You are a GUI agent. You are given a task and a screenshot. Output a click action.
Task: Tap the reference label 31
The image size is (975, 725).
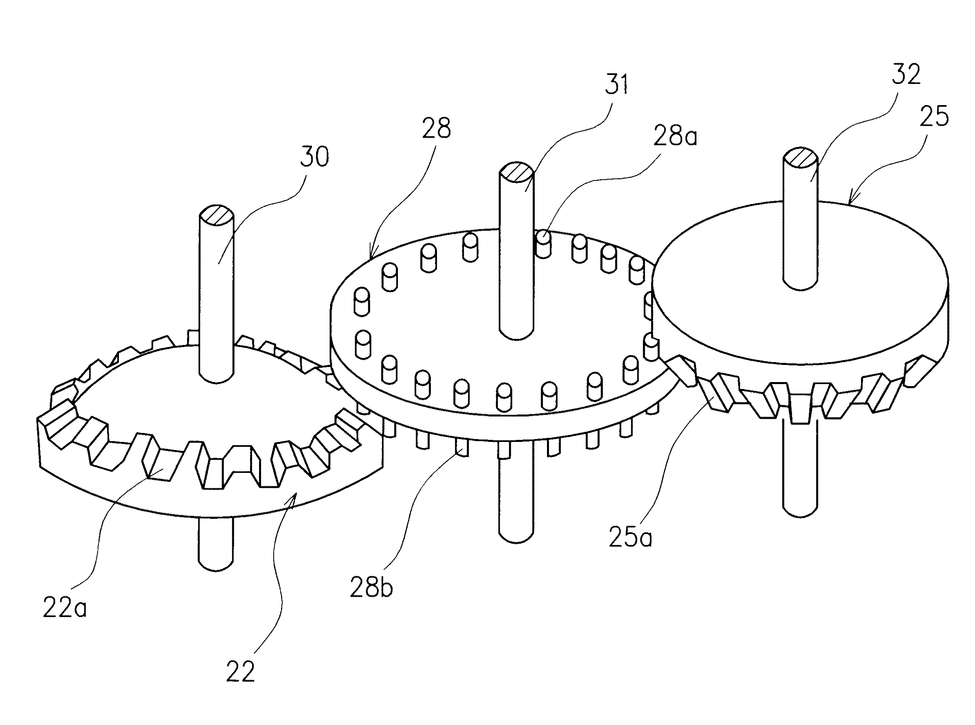click(616, 84)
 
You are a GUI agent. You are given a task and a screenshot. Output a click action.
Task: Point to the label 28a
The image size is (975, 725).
click(675, 137)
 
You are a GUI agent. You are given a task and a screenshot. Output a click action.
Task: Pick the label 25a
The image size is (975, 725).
click(630, 538)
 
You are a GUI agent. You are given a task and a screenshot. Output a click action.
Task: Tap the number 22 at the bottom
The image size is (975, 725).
click(240, 672)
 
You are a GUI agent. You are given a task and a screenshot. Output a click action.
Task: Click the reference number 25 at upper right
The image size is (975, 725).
click(935, 117)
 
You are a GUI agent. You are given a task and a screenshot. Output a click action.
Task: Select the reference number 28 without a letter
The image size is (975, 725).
click(436, 129)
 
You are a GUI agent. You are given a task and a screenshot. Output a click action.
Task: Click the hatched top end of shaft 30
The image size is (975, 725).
click(216, 216)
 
